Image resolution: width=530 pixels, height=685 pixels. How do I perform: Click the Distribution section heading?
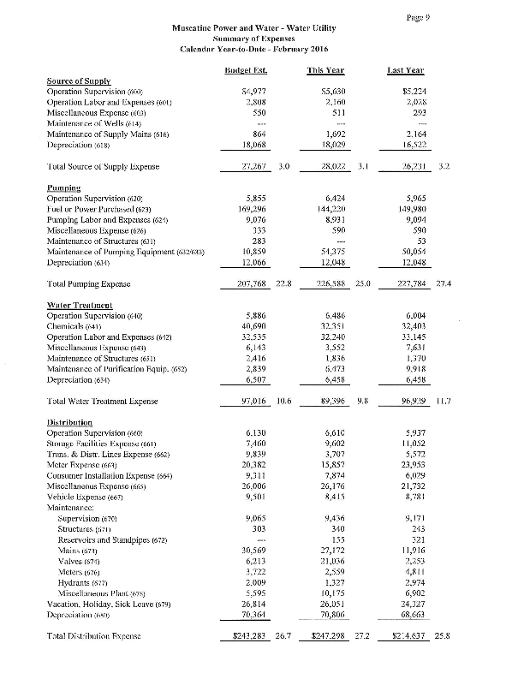pyautogui.click(x=71, y=423)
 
